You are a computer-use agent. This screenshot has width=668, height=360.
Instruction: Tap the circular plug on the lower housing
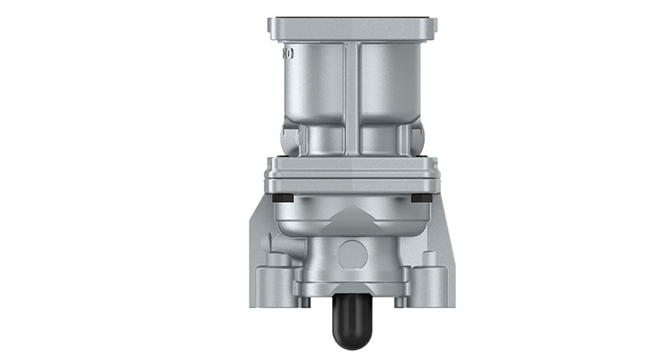coord(352,251)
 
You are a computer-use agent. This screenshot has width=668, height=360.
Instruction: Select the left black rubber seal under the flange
coord(283,198)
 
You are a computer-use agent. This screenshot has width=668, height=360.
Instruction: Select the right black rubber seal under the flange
coord(423,198)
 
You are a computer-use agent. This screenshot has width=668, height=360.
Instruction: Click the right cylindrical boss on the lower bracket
coord(429,276)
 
